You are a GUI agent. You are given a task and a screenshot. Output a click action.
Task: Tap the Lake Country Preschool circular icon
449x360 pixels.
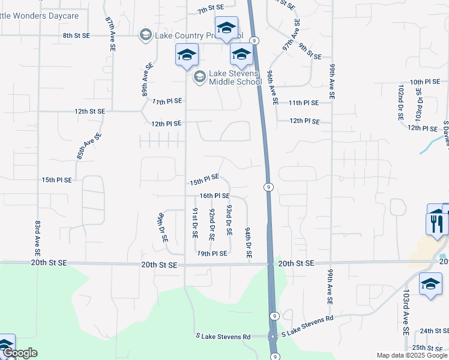coord(146,35)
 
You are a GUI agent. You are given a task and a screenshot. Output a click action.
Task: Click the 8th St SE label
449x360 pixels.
coord(76,36)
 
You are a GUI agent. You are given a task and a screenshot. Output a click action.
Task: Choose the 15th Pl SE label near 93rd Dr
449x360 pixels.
coord(204,180)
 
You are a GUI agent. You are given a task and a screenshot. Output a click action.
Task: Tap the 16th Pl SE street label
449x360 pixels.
coord(215,196)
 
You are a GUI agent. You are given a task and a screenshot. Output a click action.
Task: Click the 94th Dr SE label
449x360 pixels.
coord(247,242)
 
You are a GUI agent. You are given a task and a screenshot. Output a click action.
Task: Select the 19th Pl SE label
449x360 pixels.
coord(212,254)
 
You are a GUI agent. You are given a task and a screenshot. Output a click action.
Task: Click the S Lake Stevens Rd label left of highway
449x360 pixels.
coord(223,337)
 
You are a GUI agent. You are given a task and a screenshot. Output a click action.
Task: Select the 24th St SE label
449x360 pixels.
coord(435,331)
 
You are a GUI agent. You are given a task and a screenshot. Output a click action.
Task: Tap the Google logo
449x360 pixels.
coord(20,353)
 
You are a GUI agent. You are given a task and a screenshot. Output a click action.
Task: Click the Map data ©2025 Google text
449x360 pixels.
coord(411,355)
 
